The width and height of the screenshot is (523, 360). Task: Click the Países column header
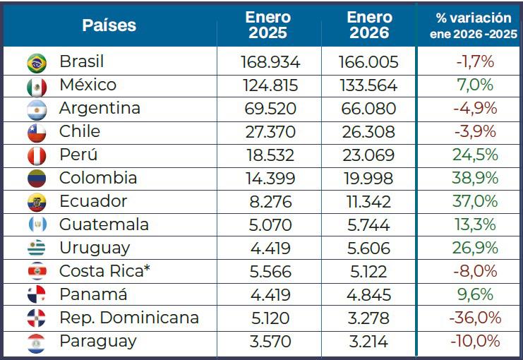pos(109,26)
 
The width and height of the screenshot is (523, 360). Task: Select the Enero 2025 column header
pos(269,25)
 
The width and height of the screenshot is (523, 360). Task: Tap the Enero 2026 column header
pos(369,25)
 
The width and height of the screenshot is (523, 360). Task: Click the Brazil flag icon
pos(37,63)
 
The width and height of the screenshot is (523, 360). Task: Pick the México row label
pos(88,85)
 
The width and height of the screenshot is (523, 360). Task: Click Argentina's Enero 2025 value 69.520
pos(269,109)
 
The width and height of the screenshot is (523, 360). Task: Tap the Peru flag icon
pos(37,156)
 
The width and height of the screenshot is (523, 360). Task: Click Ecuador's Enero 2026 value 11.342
pos(369,202)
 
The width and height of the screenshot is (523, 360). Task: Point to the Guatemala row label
pos(104,225)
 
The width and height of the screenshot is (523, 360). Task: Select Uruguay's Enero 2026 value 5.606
pos(369,248)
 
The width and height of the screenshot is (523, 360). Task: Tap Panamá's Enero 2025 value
pos(269,295)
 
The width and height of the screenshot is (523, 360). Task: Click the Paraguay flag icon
pos(37,342)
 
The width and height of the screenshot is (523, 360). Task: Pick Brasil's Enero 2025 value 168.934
pos(269,62)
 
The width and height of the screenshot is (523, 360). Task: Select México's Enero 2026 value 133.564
pos(369,85)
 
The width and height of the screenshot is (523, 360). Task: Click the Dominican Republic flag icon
pos(37,319)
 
